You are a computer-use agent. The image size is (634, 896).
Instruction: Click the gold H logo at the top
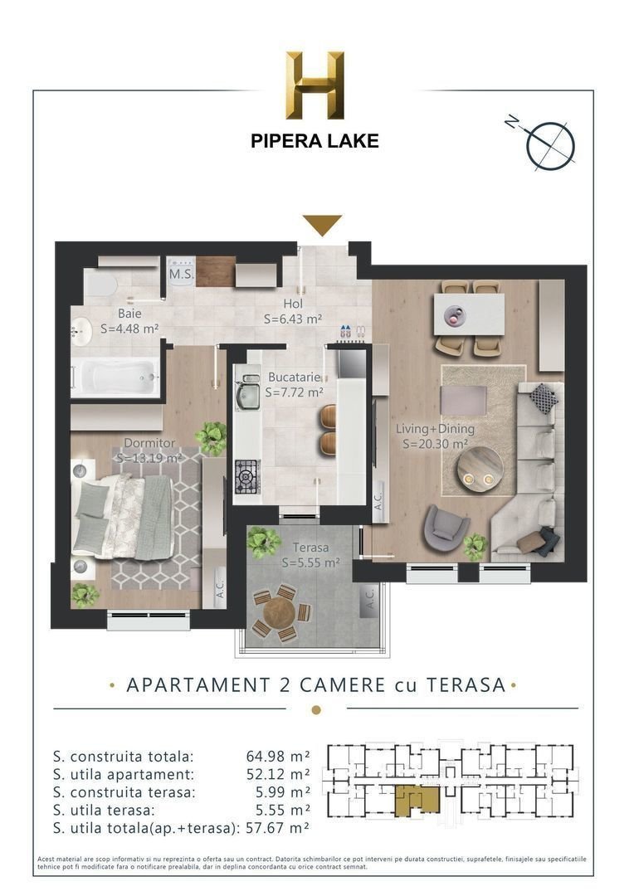[x=315, y=85]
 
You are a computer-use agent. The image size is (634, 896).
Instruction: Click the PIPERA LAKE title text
[x=315, y=141]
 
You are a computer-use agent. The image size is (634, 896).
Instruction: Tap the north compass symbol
[x=549, y=143]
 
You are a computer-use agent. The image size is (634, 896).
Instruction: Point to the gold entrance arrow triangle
[x=322, y=224]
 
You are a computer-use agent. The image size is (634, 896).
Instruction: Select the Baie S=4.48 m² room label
[x=129, y=321]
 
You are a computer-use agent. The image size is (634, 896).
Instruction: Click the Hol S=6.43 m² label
[x=293, y=311]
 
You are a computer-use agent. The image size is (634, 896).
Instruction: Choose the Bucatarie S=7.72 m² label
[x=295, y=384]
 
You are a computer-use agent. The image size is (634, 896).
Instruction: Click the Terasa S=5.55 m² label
[x=310, y=555]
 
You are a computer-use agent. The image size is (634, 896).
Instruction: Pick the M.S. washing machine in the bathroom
[x=181, y=273]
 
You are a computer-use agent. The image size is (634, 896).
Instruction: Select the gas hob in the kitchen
[x=247, y=477]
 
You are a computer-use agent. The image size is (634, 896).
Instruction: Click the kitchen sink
[x=247, y=396]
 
